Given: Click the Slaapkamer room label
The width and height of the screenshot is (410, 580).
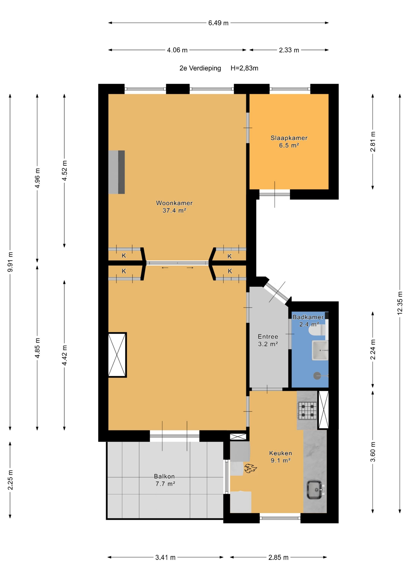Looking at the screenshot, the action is point(289,141).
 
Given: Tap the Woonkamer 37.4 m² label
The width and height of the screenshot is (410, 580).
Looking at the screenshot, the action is point(174,206).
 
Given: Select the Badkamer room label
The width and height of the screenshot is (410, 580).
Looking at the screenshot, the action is point(308,320).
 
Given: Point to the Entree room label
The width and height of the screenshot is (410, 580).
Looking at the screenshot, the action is point(268,340).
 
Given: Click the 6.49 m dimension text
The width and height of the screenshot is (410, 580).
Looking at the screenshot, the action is point(218,23).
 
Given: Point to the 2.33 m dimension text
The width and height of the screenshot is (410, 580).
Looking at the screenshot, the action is point(289,50).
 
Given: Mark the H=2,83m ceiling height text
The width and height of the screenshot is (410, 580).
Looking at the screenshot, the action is point(244,68).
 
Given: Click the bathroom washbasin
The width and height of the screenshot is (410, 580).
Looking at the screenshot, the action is point(320,350).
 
